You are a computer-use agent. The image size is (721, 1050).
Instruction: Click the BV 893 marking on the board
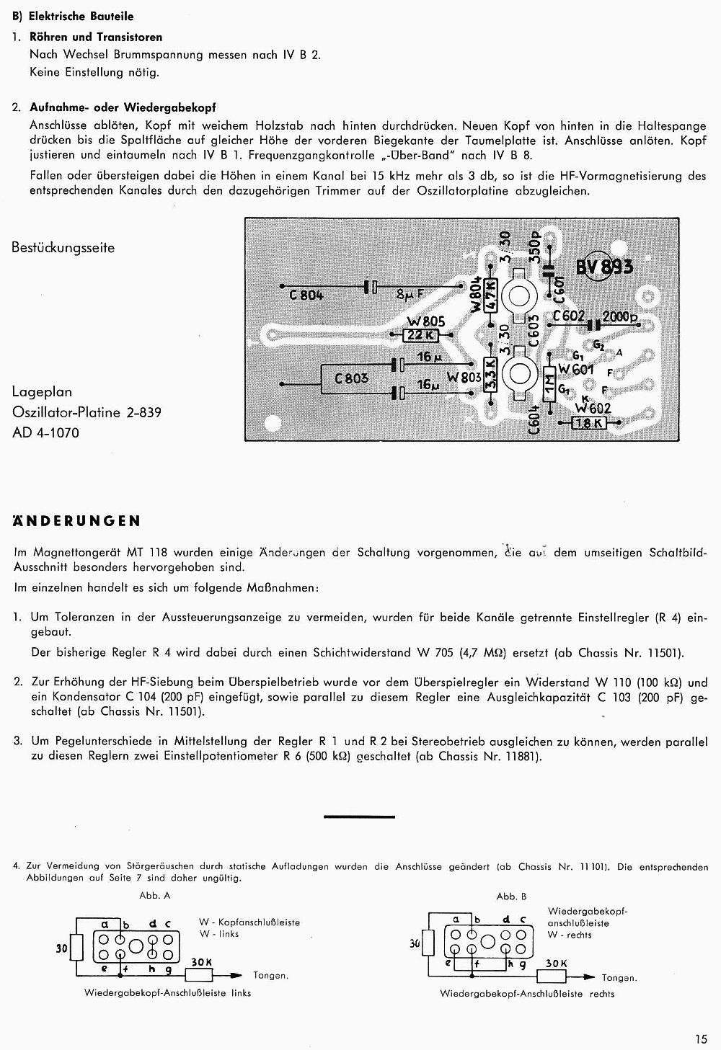click(604, 267)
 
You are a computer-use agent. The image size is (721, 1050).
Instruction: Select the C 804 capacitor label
click(306, 294)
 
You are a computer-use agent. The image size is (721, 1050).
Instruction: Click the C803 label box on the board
click(351, 378)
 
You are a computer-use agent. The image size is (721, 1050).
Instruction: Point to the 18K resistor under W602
click(590, 424)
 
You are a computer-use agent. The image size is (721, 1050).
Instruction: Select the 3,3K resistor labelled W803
click(490, 375)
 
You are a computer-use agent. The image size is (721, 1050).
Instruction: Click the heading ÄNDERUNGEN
click(77, 521)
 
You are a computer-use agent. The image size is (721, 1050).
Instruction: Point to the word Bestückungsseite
click(63, 248)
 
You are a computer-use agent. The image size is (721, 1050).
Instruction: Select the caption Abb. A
click(155, 896)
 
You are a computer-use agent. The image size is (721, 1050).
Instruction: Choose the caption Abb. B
click(511, 896)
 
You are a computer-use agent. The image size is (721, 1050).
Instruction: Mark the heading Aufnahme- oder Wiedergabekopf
click(123, 107)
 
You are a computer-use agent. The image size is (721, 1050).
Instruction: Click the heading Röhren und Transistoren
click(96, 37)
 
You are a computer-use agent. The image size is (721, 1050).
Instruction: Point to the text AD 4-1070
click(45, 432)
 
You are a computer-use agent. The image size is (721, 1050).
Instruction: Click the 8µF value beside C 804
click(410, 293)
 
